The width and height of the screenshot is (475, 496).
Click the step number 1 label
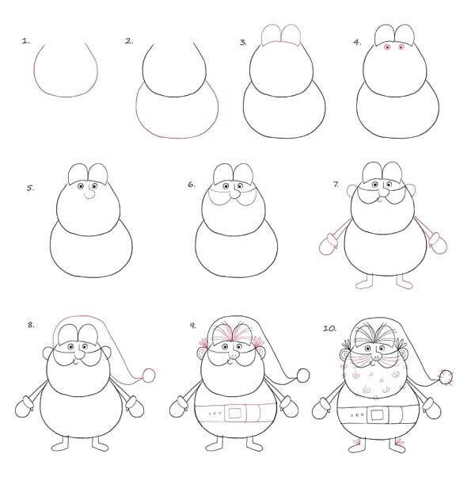pyautogui.click(x=25, y=41)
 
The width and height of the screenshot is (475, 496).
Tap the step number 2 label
pyautogui.click(x=129, y=41)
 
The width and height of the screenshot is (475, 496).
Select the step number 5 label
pyautogui.click(x=30, y=188)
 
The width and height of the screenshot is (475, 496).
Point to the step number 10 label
pyautogui.click(x=329, y=328)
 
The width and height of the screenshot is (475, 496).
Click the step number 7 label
pyautogui.click(x=336, y=184)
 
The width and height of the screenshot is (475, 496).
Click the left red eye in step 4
pyautogui.click(x=387, y=47)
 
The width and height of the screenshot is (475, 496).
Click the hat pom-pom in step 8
pyautogui.click(x=148, y=376)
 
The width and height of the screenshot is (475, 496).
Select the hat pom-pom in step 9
pyautogui.click(x=303, y=376)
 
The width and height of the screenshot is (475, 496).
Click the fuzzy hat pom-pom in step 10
pyautogui.click(x=446, y=377)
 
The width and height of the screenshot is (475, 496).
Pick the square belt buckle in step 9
pyautogui.click(x=235, y=413)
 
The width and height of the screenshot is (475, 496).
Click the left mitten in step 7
pyautogui.click(x=329, y=244)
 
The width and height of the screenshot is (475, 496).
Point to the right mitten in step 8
pyautogui.click(x=134, y=406)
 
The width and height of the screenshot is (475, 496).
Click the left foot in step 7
pyautogui.click(x=365, y=282)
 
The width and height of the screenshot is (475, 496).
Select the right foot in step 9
pyautogui.click(x=254, y=444)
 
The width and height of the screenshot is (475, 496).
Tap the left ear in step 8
pyautogui.click(x=47, y=353)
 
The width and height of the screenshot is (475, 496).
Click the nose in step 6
pyautogui.click(x=235, y=193)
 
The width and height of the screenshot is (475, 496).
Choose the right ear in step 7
pyautogui.click(x=411, y=190)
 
